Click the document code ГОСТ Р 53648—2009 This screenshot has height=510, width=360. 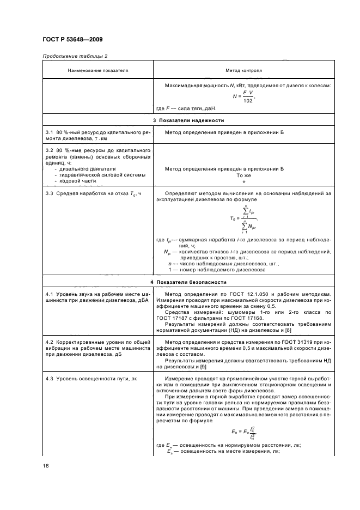coord(72,40)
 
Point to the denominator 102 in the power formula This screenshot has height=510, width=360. coord(248,101)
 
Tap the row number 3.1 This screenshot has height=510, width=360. coord(50,132)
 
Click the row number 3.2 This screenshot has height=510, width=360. coord(50,150)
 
